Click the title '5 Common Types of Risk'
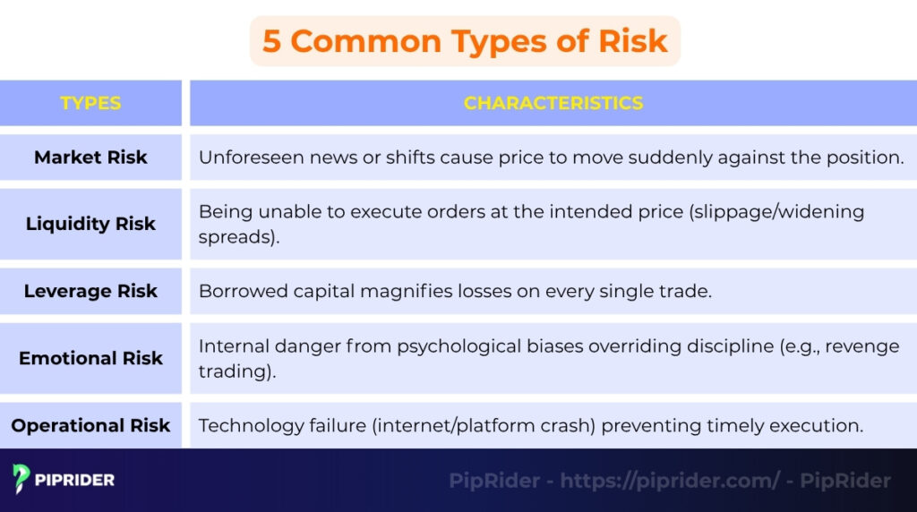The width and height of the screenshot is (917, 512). [x=465, y=41]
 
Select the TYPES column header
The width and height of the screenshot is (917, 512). [x=90, y=103]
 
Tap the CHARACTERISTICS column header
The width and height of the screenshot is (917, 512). [x=553, y=103]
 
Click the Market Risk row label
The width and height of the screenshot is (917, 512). [x=90, y=158]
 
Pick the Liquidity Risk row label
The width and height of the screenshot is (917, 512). [x=90, y=224]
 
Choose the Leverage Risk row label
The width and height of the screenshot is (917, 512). [x=90, y=291]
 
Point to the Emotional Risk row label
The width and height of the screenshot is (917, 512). [x=90, y=358]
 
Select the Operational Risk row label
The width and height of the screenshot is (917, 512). [x=90, y=425]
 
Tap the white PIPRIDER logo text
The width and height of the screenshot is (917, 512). [x=75, y=481]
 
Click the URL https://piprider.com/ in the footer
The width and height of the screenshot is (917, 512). [x=670, y=481]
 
